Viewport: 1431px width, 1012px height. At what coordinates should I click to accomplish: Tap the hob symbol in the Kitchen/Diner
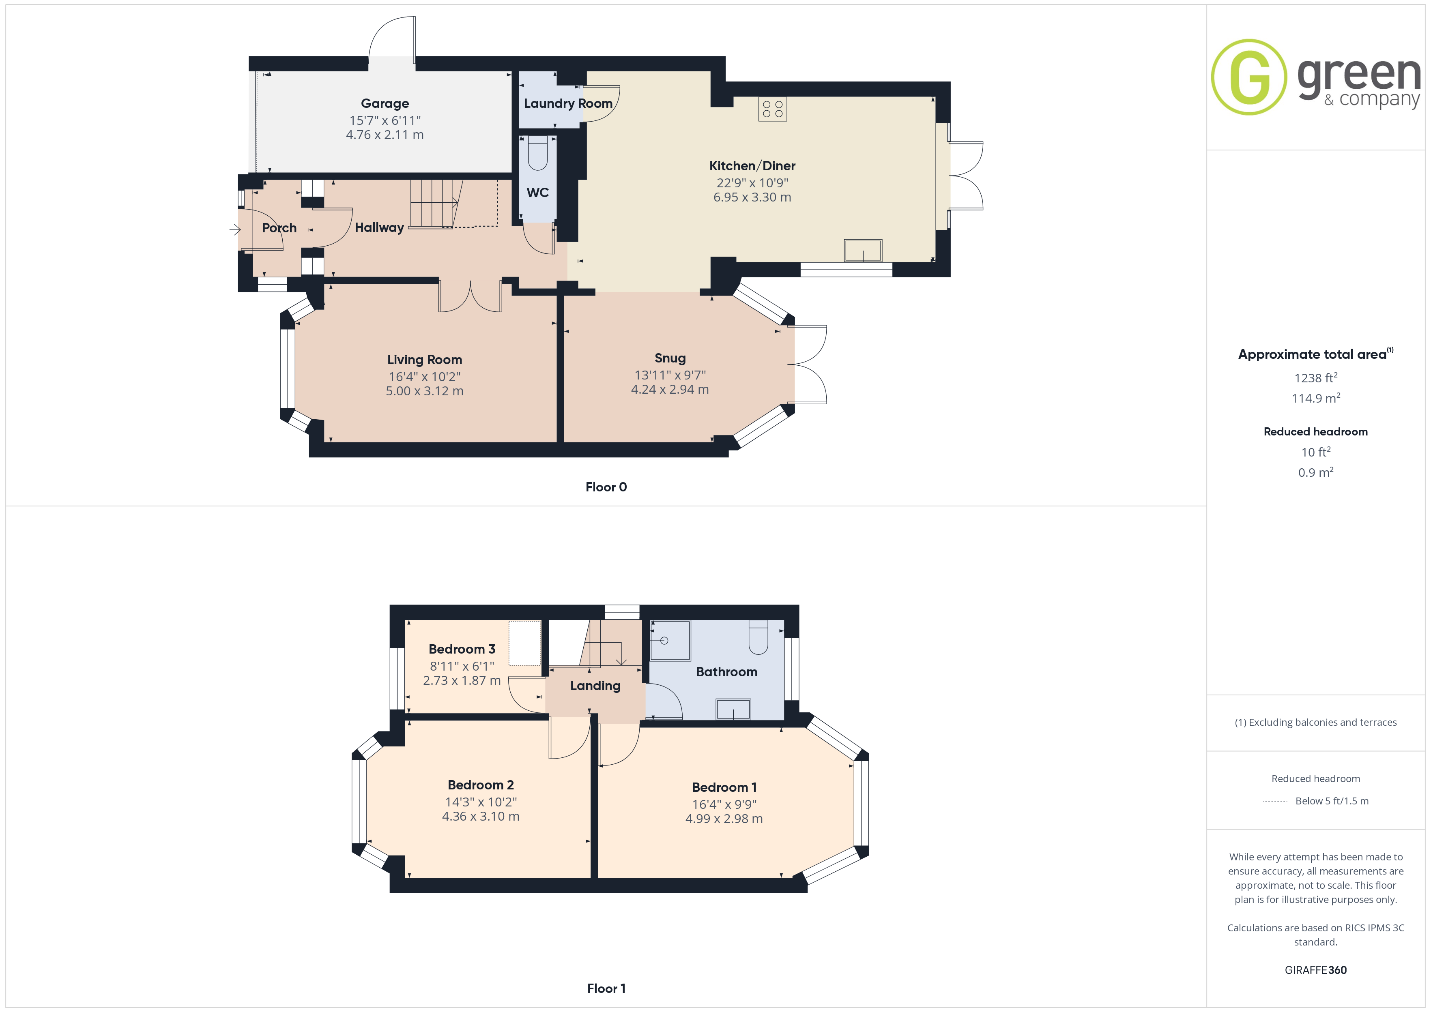[x=772, y=109]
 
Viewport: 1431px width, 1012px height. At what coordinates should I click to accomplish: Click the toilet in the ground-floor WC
[x=537, y=153]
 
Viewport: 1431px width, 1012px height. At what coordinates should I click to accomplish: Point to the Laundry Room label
[x=568, y=103]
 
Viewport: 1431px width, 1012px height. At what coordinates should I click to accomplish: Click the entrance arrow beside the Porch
[x=235, y=230]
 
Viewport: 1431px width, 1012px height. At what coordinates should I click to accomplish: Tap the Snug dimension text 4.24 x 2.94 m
[x=670, y=390]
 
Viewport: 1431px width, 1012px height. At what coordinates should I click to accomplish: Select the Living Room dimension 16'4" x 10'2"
[x=424, y=377]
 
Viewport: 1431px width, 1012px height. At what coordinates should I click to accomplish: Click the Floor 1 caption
[x=606, y=989]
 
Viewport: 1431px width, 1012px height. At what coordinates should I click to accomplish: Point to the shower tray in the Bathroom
[x=670, y=640]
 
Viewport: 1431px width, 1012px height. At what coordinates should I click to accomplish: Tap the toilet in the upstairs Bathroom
[x=758, y=636]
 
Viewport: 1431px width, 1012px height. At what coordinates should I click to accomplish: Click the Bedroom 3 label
[x=462, y=649]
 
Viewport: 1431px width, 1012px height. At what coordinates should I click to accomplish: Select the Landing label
[x=595, y=686]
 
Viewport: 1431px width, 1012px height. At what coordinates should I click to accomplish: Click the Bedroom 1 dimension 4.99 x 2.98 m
[x=724, y=819]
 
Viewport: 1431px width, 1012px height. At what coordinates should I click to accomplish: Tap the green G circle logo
[x=1248, y=77]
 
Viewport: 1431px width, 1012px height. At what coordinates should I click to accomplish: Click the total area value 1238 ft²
[x=1315, y=377]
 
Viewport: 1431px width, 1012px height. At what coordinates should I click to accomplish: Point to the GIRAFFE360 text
[x=1315, y=970]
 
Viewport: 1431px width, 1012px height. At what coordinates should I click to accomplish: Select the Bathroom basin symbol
[x=733, y=709]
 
